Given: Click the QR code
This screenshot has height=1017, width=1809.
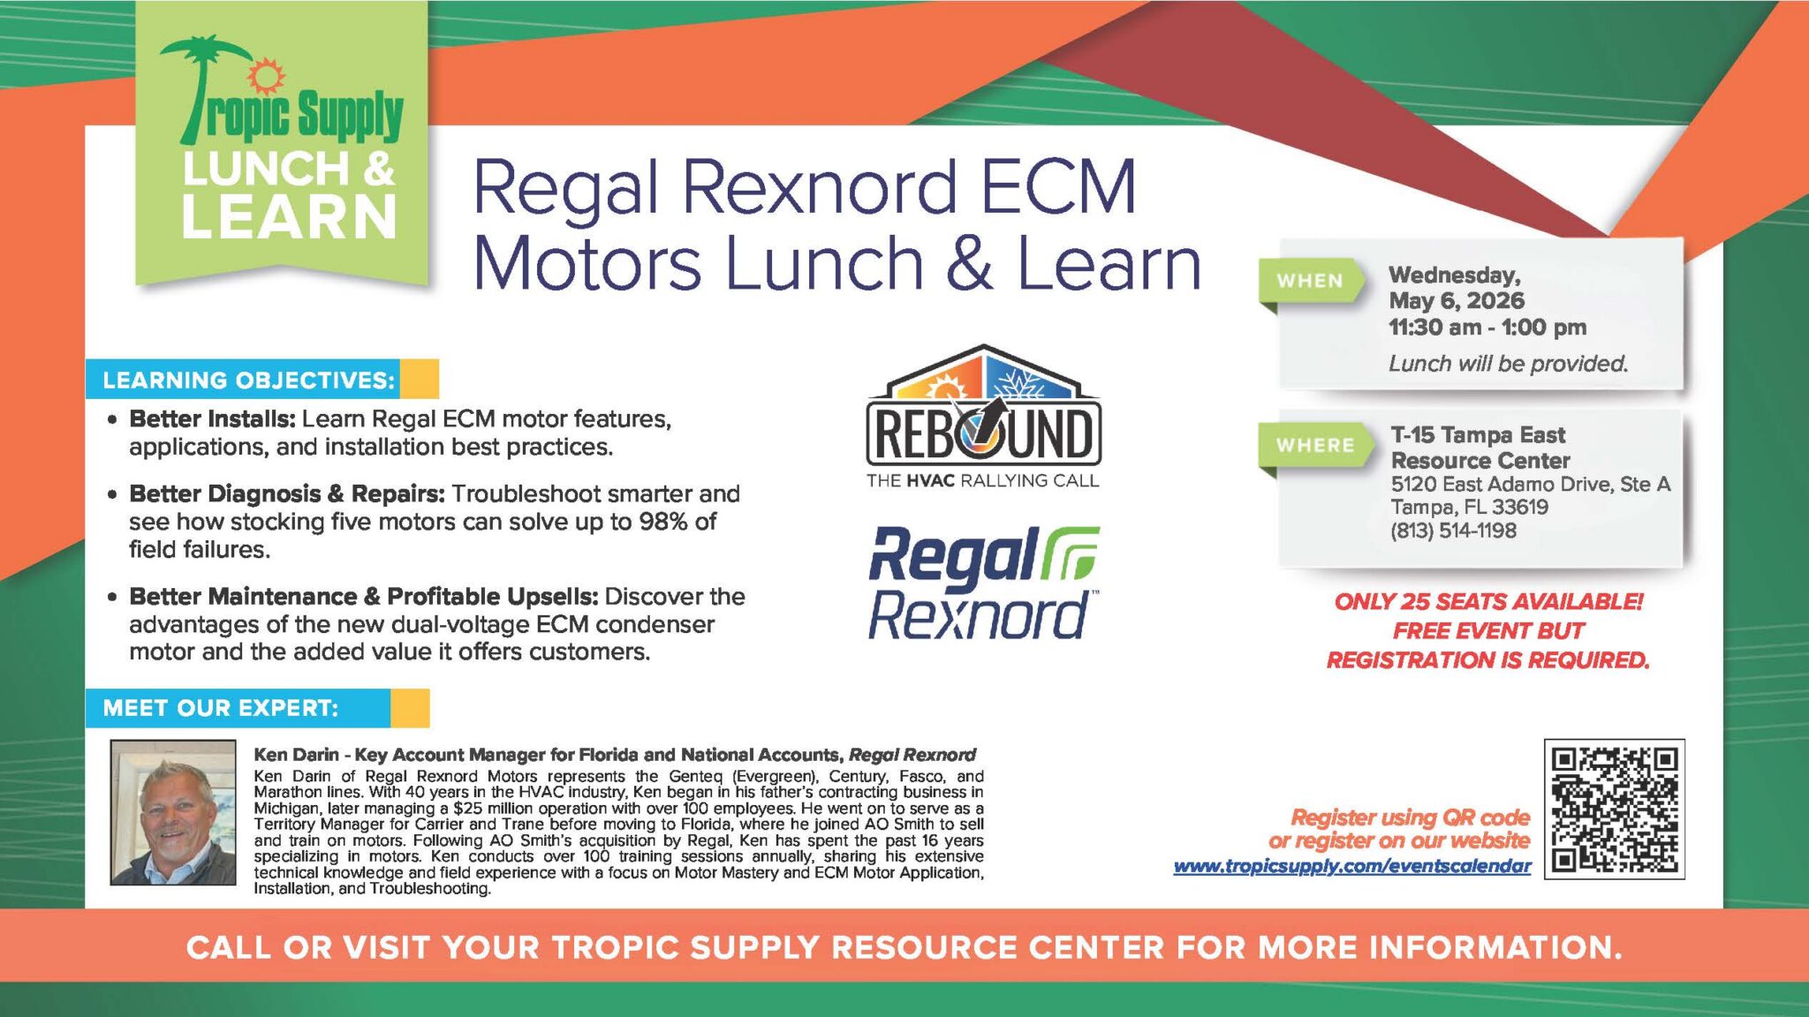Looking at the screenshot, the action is click(x=1615, y=809).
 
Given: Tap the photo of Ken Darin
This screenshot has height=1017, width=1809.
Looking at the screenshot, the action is click(x=173, y=812).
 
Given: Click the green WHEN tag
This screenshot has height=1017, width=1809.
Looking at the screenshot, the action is click(x=1309, y=281).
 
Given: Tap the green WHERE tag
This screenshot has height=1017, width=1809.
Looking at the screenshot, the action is click(x=1314, y=445).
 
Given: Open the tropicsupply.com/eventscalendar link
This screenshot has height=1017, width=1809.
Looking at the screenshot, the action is click(x=1352, y=866).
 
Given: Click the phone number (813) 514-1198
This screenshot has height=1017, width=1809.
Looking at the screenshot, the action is click(x=1453, y=531).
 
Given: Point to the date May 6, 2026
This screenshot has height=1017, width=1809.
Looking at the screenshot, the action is click(x=1457, y=301).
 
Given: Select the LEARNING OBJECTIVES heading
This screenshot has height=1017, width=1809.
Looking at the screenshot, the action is click(x=248, y=380).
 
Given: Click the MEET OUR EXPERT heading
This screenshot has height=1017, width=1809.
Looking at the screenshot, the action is click(x=220, y=708).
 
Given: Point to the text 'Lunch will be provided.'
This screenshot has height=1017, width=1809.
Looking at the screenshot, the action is click(x=1508, y=364).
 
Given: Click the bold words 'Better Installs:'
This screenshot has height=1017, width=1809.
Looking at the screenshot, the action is click(x=212, y=418).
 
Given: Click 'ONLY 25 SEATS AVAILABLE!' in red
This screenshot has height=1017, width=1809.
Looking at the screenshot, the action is click(x=1488, y=602).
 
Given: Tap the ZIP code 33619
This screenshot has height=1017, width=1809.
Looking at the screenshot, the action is click(x=1519, y=508).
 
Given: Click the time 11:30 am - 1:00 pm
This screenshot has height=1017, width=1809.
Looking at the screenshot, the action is click(x=1487, y=328).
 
